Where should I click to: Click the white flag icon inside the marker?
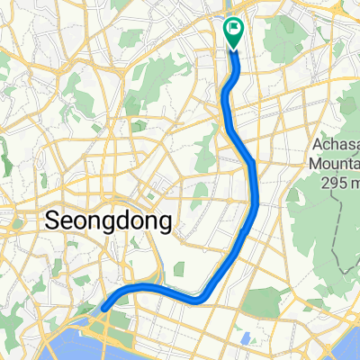pyautogui.click(x=234, y=28)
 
